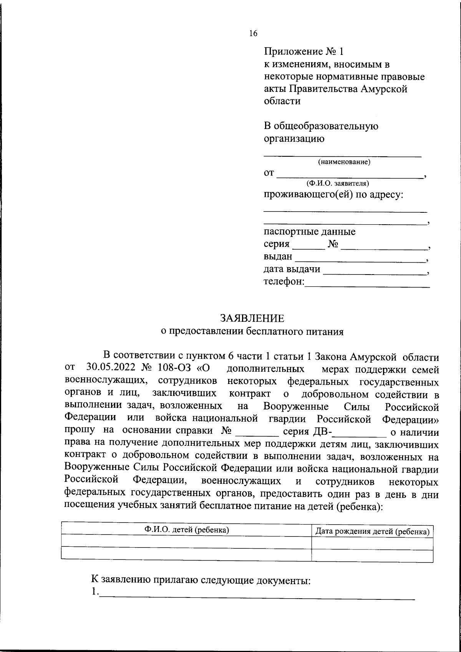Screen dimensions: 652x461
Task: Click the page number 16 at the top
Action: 253,33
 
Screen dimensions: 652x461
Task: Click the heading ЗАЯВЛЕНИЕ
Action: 252,318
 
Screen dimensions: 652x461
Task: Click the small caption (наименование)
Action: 344,162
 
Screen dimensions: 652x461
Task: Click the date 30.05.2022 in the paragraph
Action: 111,367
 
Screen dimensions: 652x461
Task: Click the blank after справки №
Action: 257,432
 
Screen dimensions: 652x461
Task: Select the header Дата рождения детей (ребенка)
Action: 372,531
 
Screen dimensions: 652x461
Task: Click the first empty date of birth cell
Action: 372,543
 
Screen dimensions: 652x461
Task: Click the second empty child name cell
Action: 187,555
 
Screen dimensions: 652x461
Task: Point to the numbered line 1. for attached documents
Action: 254,594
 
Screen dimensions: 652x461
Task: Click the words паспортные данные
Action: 309,232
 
